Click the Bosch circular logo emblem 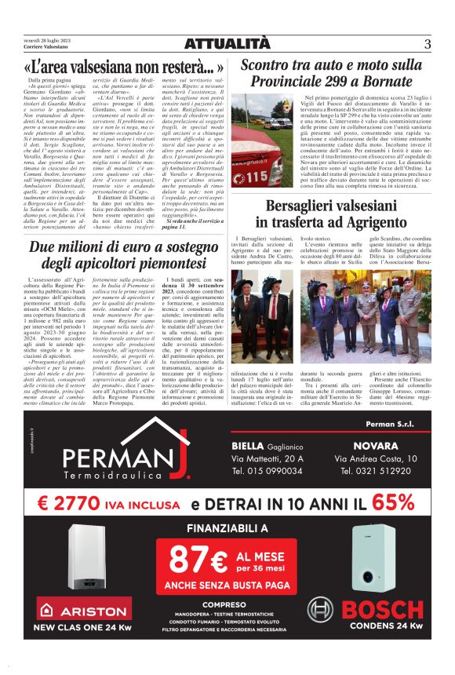[319, 609]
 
